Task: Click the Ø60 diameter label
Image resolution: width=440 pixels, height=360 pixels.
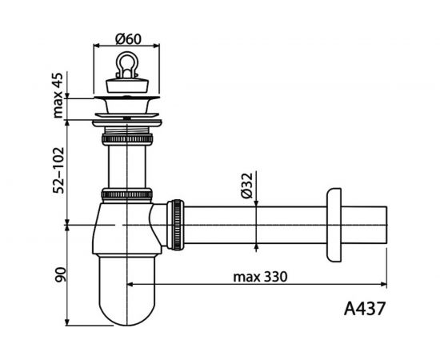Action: [128, 39]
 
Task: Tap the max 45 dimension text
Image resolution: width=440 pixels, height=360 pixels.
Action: [58, 95]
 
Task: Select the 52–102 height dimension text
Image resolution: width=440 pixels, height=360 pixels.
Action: [59, 170]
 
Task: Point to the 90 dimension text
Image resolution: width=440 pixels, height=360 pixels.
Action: [60, 274]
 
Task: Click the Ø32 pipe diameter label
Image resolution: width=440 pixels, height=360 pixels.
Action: [247, 186]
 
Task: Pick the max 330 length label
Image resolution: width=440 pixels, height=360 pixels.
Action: [261, 277]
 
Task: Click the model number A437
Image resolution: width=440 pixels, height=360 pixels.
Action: [365, 309]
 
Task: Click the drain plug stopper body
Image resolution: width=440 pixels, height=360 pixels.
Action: [127, 86]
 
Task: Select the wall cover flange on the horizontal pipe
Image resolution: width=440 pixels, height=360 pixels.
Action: [334, 225]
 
